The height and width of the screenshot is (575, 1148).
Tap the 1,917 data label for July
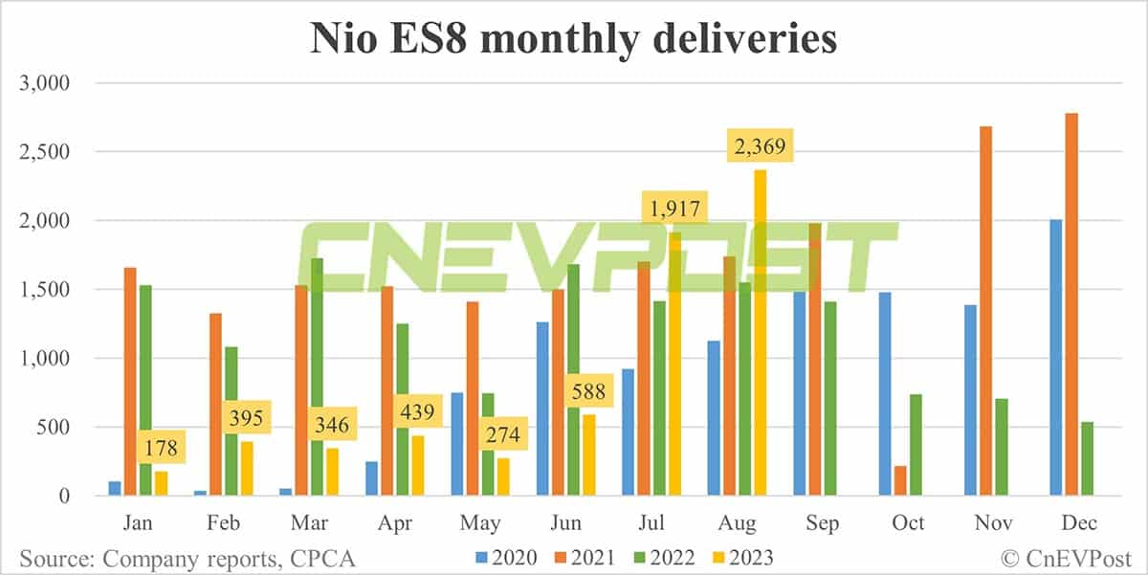tap(674, 208)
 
